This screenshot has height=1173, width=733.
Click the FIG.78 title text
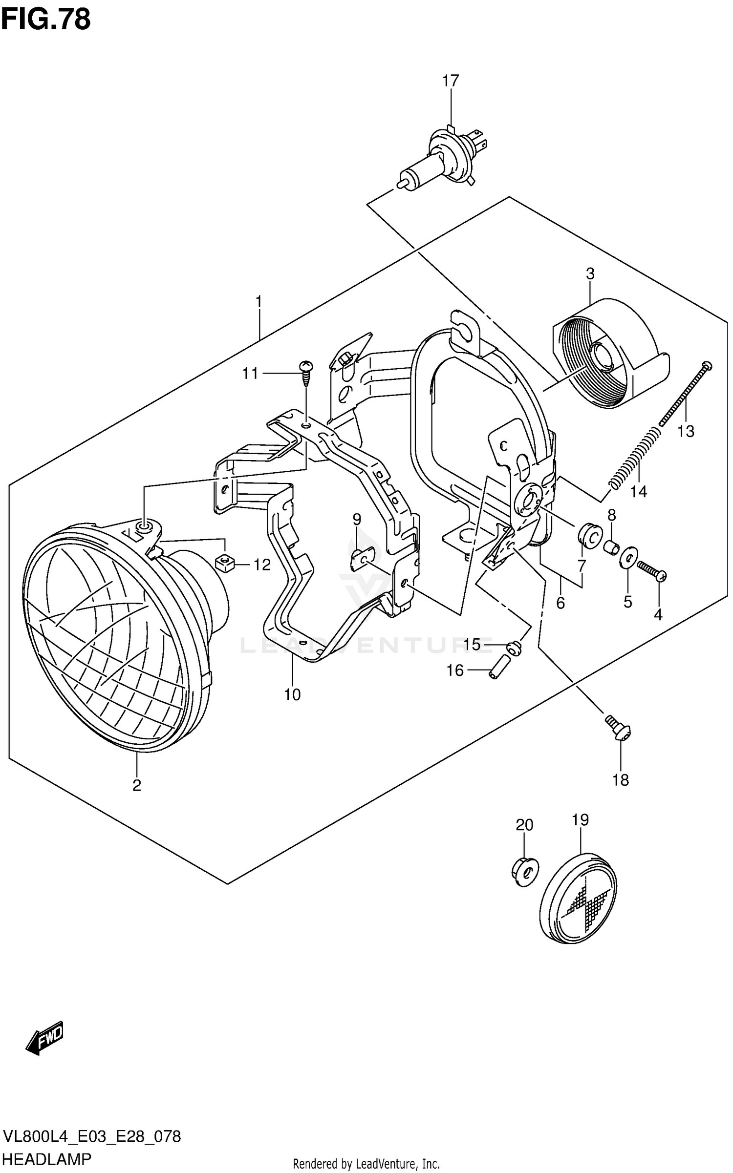tap(45, 20)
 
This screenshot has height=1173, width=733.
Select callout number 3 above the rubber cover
tap(590, 274)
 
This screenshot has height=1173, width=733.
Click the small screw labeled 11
tap(306, 373)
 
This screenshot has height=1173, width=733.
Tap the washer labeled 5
tap(627, 557)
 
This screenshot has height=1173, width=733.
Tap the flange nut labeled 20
tap(524, 872)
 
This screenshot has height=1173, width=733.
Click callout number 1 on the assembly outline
tap(259, 301)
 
